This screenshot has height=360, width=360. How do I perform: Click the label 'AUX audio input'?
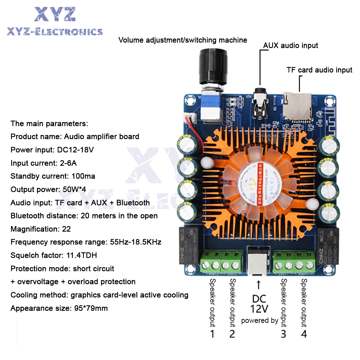pos(291,45)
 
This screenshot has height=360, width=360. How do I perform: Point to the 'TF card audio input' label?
pos(319,70)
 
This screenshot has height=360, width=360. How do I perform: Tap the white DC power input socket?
pos(258,259)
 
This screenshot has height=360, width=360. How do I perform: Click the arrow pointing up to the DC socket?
pos(258,285)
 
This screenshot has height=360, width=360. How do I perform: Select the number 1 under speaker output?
pos(212,334)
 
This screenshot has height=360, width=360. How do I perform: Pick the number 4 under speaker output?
pos(304,334)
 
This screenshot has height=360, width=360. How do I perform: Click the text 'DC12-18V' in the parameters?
pos(76,150)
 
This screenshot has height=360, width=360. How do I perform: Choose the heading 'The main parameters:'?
pos(49,123)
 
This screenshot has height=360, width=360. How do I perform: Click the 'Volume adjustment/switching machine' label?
pos(183,40)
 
